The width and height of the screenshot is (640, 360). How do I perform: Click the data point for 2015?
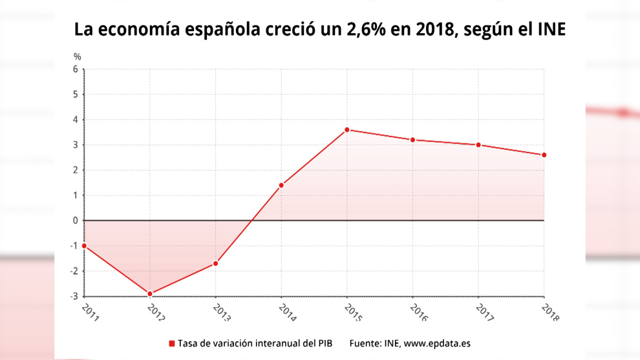point(347,130)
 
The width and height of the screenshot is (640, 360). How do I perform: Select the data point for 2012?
point(150,294)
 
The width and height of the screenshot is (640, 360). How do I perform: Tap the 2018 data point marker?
point(544,155)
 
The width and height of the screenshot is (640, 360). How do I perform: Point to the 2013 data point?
point(215,264)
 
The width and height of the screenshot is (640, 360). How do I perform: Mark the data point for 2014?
point(281,185)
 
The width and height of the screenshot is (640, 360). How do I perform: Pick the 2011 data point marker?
point(84,246)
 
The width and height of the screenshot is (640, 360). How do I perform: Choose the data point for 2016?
point(412,140)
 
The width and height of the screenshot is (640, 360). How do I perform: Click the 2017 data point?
point(478,145)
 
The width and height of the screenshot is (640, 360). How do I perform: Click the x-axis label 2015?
point(353,312)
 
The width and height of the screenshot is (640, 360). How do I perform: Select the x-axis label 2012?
point(156,312)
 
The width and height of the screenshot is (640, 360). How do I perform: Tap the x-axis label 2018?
point(550,312)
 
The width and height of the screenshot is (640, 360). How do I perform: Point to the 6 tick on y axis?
point(76,69)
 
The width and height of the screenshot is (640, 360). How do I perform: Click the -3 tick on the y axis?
point(74,297)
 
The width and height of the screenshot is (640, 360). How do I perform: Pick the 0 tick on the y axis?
point(76,220)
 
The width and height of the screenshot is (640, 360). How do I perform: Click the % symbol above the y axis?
point(77,57)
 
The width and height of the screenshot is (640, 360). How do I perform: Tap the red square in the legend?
point(172,343)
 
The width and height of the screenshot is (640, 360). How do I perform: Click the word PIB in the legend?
point(323,343)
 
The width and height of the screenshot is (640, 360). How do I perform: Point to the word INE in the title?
point(551,30)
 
